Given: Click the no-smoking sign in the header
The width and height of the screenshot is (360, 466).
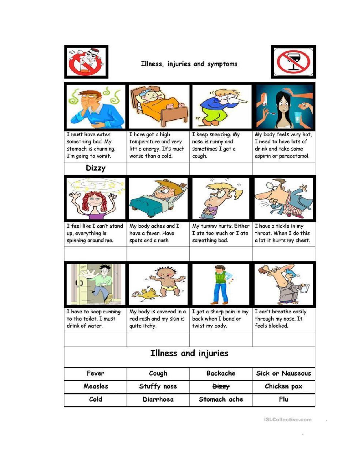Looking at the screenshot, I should click(x=86, y=62).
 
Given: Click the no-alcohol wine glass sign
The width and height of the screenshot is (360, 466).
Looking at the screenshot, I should click(x=293, y=62).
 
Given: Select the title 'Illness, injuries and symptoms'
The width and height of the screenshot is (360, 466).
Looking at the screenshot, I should click(x=189, y=64).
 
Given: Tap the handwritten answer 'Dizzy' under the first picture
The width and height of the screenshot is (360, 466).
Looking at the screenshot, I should click(x=95, y=168).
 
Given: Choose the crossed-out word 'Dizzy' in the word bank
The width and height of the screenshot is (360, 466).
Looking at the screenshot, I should click(x=221, y=386).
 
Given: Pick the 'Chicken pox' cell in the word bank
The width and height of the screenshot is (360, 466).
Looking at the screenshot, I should click(x=283, y=386).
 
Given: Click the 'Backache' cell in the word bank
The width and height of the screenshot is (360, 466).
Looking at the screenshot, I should click(x=221, y=373).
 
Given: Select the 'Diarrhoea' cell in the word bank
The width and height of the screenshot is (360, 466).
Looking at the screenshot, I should click(x=158, y=399).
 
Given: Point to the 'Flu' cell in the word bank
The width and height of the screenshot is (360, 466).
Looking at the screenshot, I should click(x=283, y=399).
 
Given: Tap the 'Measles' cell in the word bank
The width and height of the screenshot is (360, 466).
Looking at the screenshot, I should click(x=95, y=386).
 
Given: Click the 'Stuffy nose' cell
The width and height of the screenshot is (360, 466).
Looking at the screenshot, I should click(x=158, y=386).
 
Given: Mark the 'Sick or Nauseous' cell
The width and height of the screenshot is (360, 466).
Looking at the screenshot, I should click(x=283, y=373).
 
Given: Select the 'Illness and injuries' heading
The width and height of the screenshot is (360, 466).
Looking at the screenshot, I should click(x=189, y=353).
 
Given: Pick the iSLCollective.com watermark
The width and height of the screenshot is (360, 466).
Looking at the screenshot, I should click(x=288, y=420).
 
